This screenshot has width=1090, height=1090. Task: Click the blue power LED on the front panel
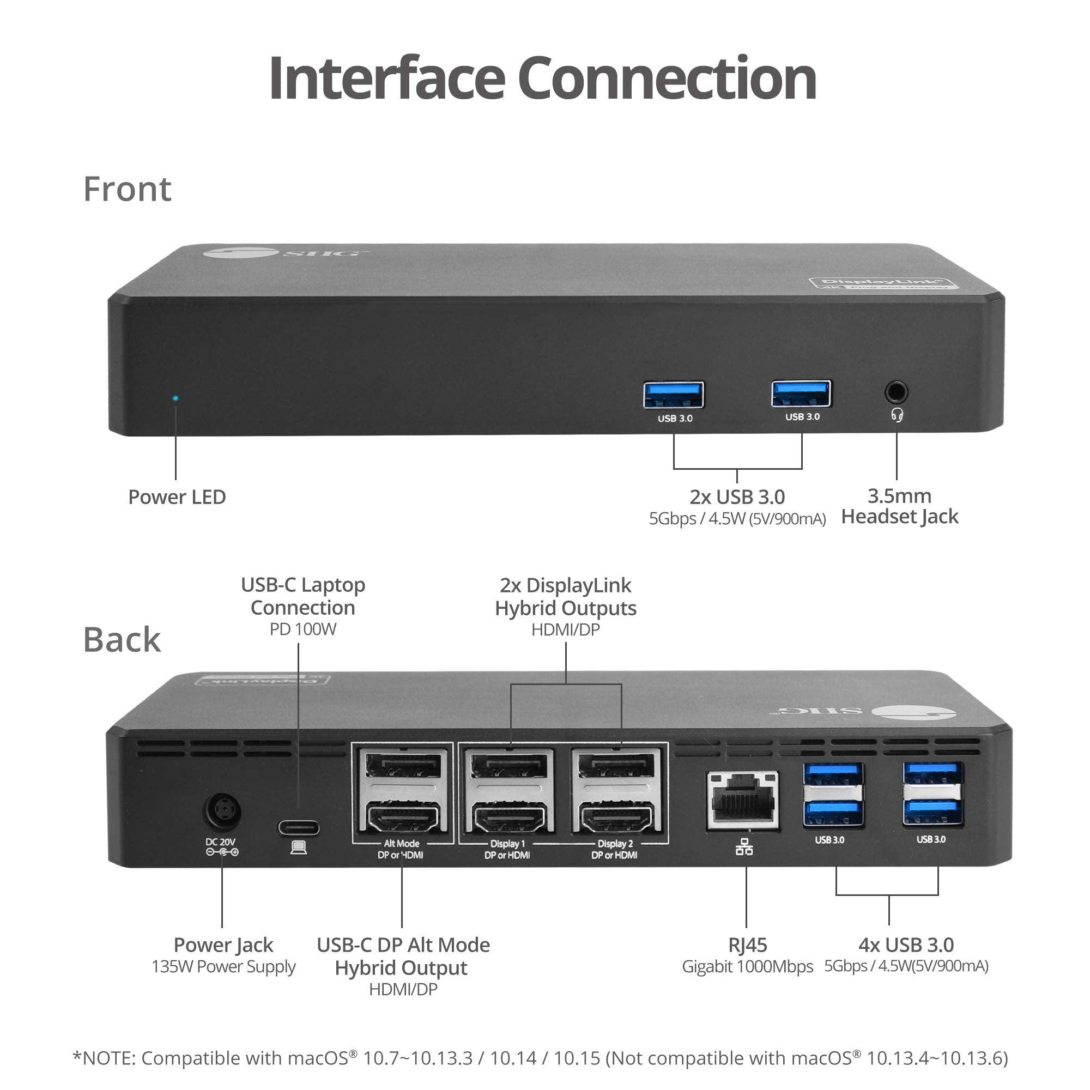[175, 398]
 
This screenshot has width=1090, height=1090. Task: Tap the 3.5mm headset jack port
[896, 391]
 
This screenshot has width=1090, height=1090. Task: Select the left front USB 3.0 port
[674, 395]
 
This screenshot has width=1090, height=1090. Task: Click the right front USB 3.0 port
[801, 393]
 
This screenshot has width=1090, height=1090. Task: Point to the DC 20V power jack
[222, 813]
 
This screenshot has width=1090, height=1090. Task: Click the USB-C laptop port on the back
[298, 828]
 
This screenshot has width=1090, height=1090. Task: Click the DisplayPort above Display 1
[510, 767]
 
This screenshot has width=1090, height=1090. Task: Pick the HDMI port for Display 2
[616, 819]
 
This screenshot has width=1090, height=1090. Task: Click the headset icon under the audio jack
[897, 415]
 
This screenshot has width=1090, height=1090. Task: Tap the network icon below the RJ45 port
[744, 847]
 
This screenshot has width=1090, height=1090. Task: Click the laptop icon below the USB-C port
[299, 847]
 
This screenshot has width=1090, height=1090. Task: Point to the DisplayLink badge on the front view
[882, 283]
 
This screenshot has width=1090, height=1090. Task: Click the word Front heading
[127, 189]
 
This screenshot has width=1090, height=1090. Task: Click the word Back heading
[122, 640]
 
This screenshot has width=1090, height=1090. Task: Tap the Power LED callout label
[177, 497]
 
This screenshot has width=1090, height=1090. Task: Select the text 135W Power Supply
[223, 966]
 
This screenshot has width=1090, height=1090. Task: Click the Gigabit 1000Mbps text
[747, 966]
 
